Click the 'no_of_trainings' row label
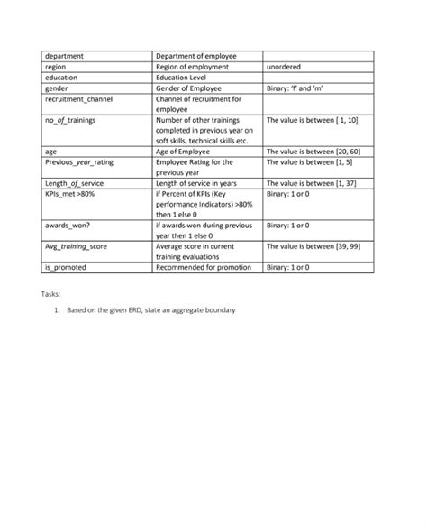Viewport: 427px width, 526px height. (x=70, y=119)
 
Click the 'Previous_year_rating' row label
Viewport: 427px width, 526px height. (x=80, y=161)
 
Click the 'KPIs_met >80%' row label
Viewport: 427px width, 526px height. (x=70, y=193)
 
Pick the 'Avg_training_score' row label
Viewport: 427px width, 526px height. (x=77, y=245)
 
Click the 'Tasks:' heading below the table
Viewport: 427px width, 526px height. (x=52, y=294)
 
